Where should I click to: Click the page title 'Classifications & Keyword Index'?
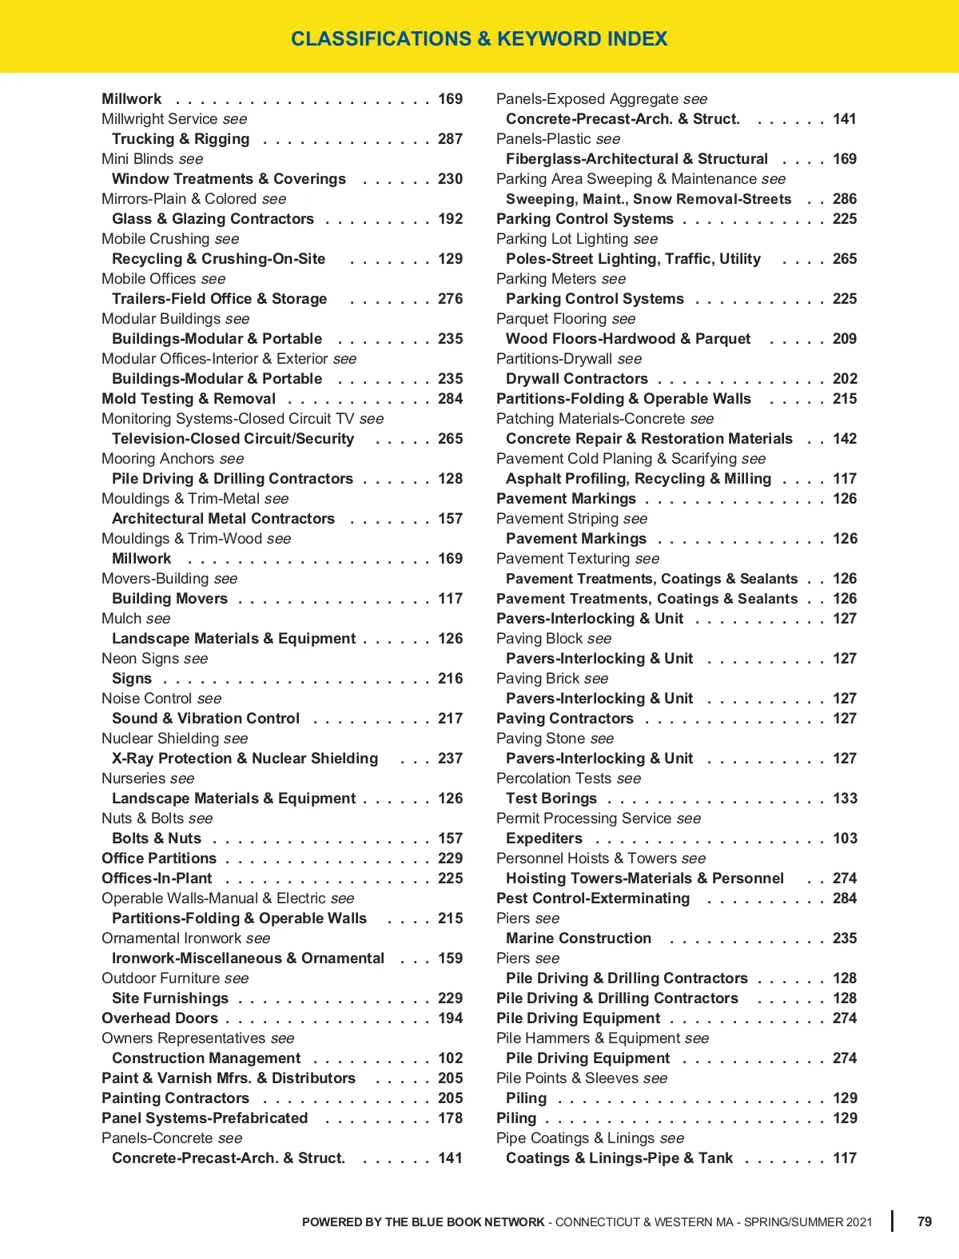479,38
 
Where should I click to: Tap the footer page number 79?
924,1221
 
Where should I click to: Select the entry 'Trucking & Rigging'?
181,139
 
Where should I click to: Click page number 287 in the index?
450,139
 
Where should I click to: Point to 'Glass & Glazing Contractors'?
213,219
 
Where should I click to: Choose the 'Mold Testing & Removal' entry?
189,399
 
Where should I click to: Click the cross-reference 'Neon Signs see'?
154,659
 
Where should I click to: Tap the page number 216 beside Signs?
450,679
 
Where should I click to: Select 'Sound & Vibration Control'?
205,719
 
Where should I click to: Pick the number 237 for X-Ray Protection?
450,759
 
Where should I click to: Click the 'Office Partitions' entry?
159,859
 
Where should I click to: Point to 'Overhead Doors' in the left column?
160,1018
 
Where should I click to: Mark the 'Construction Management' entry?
206,1058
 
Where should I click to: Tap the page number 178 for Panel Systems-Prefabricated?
450,1118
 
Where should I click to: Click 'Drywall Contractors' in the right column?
576,379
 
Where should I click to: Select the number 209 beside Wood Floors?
844,339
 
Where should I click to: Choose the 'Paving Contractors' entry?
564,719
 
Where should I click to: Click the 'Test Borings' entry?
551,799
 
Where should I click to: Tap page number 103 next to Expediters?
844,839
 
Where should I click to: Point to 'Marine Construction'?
578,938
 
